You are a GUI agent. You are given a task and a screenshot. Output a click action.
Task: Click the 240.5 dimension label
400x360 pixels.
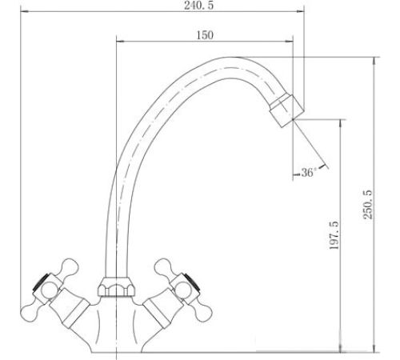198,6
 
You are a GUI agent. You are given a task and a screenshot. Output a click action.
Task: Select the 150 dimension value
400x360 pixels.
205,35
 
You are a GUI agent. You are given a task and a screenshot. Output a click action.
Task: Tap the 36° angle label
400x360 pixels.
309,173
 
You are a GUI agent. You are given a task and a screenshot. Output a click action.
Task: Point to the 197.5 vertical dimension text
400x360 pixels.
334,235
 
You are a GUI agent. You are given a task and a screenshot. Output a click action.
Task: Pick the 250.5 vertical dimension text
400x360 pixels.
368,205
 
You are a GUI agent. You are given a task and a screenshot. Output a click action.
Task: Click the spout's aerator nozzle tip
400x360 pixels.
286,110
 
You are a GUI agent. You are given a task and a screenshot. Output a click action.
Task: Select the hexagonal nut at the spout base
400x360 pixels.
116,287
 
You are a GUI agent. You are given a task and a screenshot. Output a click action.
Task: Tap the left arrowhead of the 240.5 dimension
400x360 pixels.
25,11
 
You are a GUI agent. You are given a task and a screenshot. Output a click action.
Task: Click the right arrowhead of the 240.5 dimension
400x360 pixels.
300,11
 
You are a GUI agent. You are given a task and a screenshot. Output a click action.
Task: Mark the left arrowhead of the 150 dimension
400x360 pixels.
121,42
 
